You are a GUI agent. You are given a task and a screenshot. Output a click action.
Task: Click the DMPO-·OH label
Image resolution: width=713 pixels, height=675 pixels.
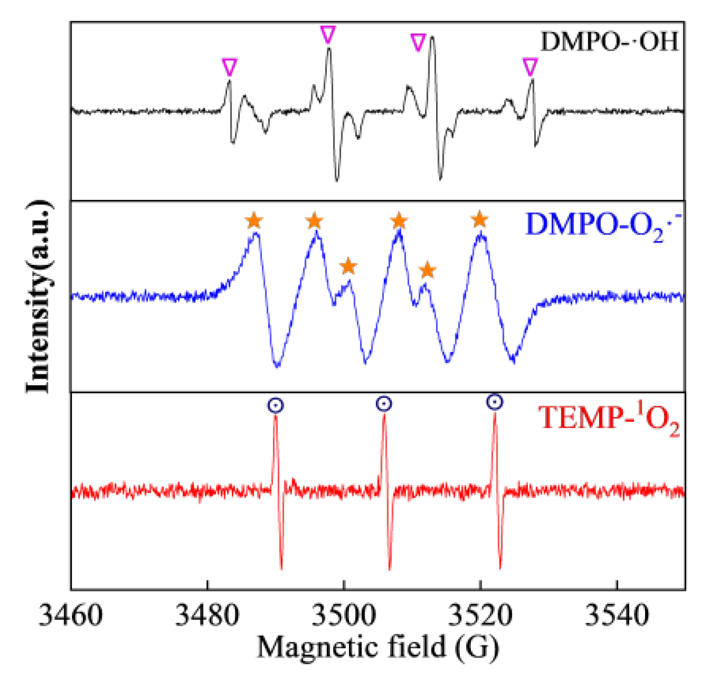[x=610, y=42]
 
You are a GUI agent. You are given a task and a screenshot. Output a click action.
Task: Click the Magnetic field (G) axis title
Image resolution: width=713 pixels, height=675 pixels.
[x=377, y=647]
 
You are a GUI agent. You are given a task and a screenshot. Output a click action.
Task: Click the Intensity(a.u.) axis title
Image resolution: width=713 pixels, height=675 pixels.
[x=39, y=296]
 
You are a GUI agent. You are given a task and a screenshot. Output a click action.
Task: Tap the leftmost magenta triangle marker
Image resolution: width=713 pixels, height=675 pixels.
[x=230, y=67]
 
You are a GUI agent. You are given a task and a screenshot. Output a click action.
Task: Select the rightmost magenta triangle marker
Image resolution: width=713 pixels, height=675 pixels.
[x=530, y=67]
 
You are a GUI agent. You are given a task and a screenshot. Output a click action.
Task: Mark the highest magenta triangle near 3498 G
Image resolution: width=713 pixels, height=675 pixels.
[x=328, y=34]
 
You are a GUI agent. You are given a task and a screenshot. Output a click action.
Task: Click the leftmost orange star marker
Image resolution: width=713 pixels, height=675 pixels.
[x=254, y=221]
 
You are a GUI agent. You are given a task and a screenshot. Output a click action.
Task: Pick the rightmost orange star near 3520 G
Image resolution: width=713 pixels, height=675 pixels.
[x=479, y=220]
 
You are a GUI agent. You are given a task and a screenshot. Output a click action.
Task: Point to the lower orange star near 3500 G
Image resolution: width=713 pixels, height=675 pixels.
[x=348, y=266]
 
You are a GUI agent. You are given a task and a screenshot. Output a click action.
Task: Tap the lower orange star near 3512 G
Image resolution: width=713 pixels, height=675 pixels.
[x=427, y=270]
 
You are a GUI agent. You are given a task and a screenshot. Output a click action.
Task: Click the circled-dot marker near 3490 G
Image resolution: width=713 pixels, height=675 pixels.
[x=276, y=405]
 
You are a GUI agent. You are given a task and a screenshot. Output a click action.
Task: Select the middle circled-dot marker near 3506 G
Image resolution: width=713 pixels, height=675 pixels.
[x=383, y=404]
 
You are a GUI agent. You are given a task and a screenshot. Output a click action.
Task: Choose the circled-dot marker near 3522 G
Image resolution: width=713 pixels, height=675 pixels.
[x=494, y=402]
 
